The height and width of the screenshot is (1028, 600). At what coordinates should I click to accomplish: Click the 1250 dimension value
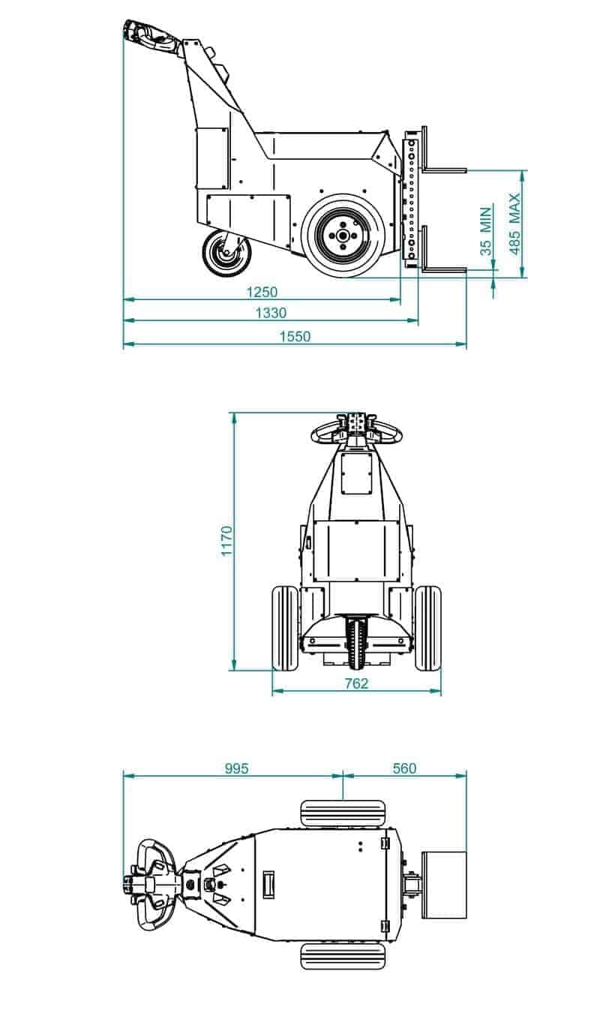coord(262,292)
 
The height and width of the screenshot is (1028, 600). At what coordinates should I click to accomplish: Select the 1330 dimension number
coord(271,313)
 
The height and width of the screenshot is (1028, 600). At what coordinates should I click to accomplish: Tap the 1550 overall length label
coord(295,337)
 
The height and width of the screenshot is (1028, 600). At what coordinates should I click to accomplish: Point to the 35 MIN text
coord(485,231)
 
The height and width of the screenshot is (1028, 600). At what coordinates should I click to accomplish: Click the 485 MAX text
coord(514,224)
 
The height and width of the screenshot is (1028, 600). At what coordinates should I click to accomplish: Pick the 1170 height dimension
coord(226,541)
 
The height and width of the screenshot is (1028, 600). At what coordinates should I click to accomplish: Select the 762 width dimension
coord(356,684)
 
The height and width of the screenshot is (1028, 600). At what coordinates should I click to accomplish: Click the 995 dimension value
coord(236,768)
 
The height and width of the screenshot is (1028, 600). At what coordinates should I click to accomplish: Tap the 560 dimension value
coord(404,768)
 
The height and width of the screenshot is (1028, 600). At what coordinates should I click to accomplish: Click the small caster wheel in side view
coord(226,254)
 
